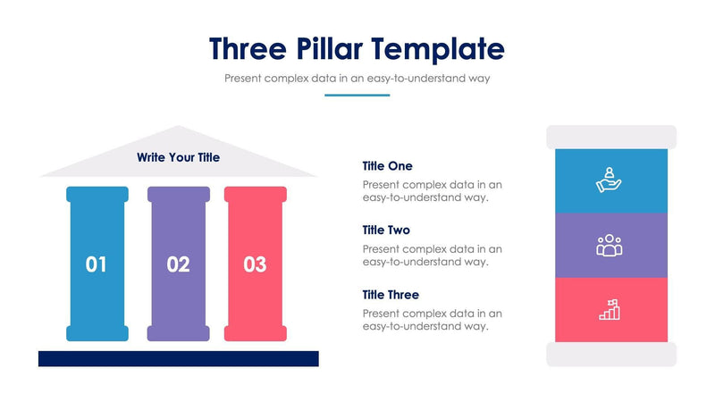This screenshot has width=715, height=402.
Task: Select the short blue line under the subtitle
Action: tap(357, 95)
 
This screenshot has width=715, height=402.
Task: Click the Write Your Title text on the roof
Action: tap(178, 157)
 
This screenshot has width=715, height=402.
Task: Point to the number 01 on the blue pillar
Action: tap(97, 264)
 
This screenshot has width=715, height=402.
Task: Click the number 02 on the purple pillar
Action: tap(178, 264)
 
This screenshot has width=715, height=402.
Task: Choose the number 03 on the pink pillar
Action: tap(255, 264)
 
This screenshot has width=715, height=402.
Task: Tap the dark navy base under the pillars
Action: tap(178, 358)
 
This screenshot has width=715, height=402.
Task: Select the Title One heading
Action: tap(387, 166)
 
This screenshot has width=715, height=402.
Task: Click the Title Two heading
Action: tap(386, 230)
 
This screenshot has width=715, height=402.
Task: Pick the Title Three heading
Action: tap(391, 295)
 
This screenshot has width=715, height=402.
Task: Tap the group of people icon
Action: tap(609, 245)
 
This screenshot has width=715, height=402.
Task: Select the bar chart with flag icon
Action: tap(610, 309)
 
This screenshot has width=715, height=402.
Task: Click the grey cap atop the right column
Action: tap(611, 137)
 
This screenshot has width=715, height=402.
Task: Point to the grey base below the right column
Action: tap(611, 355)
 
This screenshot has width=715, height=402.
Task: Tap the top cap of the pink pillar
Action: tap(255, 194)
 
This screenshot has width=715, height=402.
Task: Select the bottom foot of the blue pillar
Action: tap(97, 333)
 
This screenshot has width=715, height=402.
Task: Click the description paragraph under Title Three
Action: tap(433, 320)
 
